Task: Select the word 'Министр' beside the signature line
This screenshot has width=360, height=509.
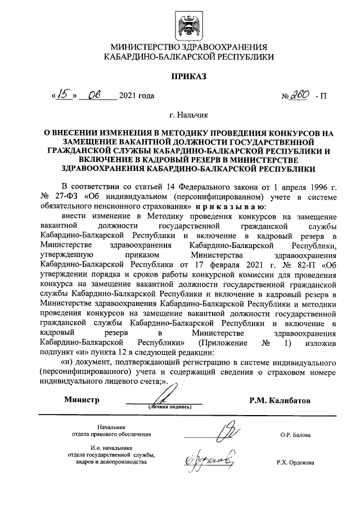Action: coord(81,400)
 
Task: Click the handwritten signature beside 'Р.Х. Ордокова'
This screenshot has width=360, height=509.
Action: coord(211,460)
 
